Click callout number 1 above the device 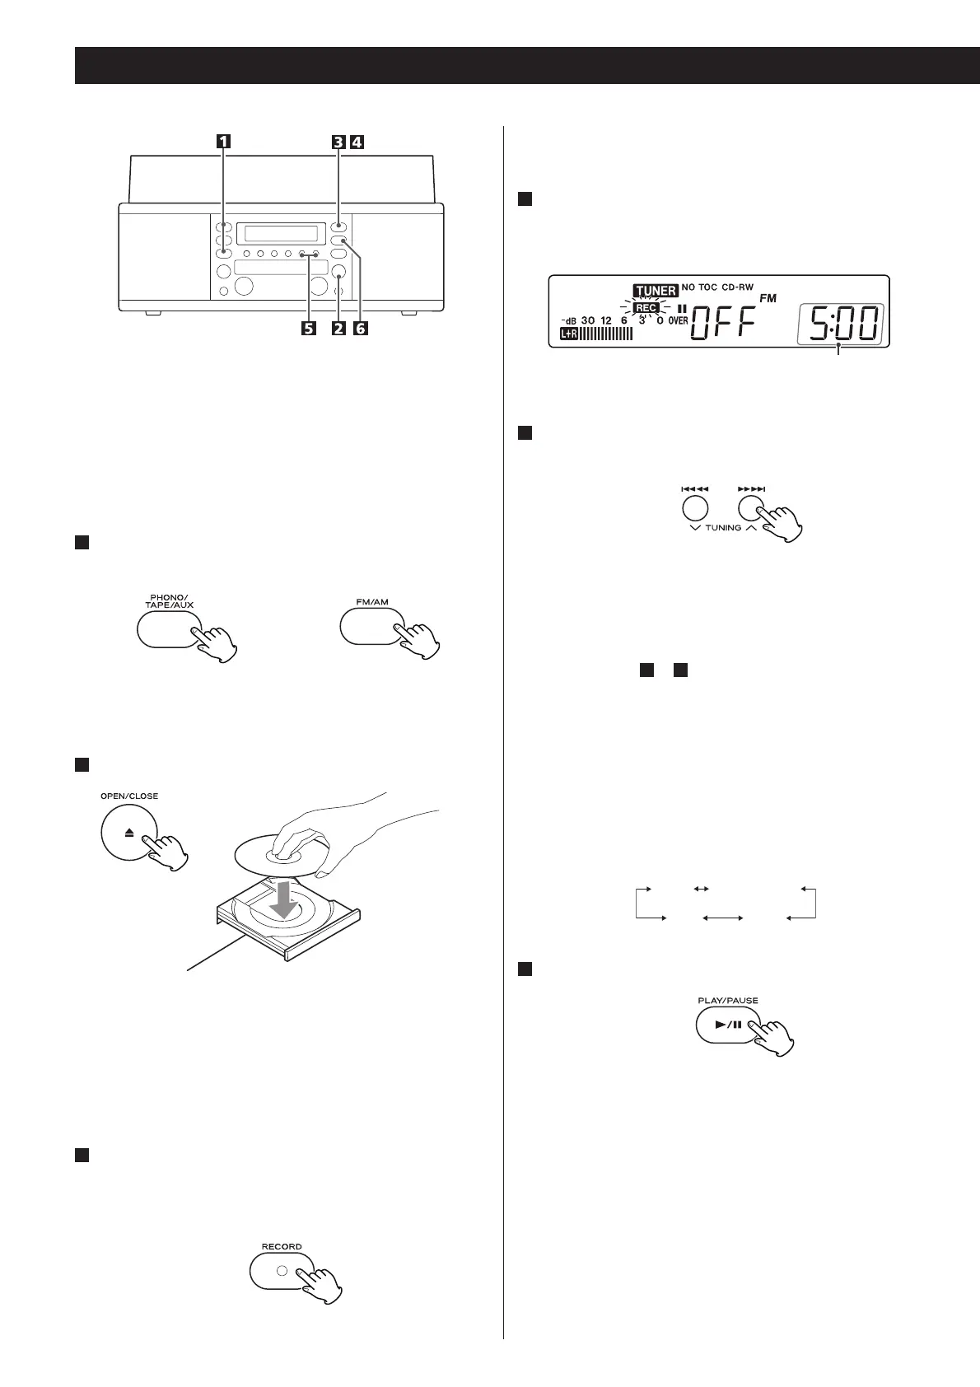coord(223,141)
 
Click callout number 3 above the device coord(338,141)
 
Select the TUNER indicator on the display coord(656,290)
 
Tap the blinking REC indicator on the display coord(646,308)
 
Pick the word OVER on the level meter coord(678,320)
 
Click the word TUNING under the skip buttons coord(724,527)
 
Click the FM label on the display coord(768,298)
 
